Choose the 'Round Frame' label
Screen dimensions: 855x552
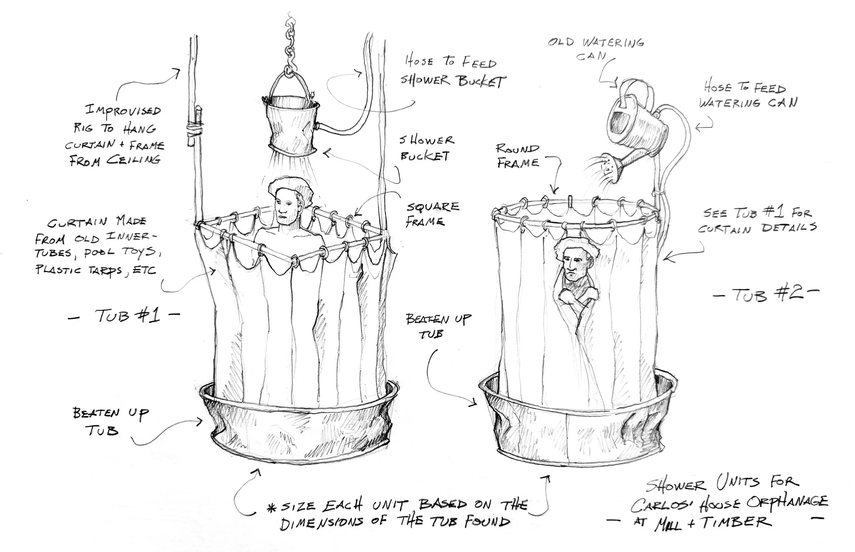(518, 156)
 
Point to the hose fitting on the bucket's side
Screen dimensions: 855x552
(317, 126)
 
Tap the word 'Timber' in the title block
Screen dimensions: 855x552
(736, 522)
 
